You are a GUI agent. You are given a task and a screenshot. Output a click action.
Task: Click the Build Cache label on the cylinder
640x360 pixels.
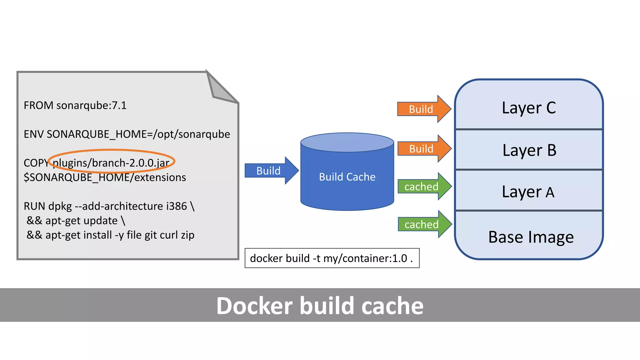point(347,177)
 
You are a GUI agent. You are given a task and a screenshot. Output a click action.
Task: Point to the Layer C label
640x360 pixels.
point(529,108)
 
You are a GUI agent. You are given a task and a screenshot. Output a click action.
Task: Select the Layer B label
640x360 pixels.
point(529,150)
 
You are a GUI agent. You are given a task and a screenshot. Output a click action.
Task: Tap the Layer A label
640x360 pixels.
point(528,192)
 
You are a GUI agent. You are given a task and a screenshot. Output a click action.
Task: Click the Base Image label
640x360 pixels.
point(531,237)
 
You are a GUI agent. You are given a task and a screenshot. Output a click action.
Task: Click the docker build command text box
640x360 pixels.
point(332,258)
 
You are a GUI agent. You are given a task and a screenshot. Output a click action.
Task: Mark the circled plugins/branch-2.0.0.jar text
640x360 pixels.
point(111,163)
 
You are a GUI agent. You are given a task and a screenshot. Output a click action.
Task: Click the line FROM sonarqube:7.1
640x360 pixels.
point(75,105)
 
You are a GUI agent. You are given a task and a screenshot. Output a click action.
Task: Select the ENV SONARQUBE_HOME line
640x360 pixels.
point(127,134)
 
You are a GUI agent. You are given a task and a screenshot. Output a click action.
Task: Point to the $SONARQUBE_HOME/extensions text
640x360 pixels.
point(105,177)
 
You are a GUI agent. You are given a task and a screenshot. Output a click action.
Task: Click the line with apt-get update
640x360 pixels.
point(76,221)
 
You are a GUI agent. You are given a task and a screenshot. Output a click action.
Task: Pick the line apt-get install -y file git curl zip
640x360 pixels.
point(110,235)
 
